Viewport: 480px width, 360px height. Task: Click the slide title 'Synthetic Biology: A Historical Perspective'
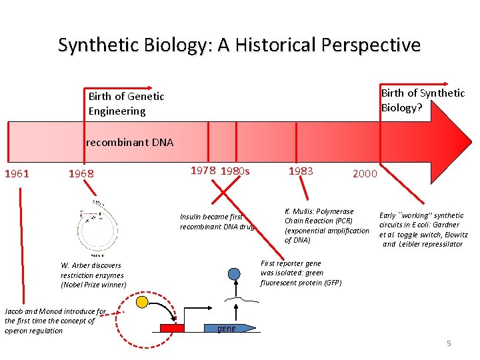239,45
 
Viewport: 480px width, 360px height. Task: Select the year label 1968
81,175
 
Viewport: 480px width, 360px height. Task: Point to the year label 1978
203,171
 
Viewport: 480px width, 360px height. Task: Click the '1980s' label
235,171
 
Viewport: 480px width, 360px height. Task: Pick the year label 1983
301,171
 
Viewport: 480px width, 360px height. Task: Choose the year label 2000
365,174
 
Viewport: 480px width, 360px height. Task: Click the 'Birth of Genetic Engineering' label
127,104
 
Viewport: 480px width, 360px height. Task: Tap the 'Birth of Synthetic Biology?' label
423,100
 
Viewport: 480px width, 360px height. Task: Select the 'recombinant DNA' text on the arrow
130,142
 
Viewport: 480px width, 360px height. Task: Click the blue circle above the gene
234,274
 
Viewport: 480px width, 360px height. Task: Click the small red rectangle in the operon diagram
172,327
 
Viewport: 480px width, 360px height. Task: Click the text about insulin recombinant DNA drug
212,222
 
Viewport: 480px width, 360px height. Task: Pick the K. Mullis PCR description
326,226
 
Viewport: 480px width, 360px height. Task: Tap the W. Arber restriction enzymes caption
93,275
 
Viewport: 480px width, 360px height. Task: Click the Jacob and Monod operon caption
55,321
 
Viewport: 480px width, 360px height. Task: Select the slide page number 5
449,343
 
